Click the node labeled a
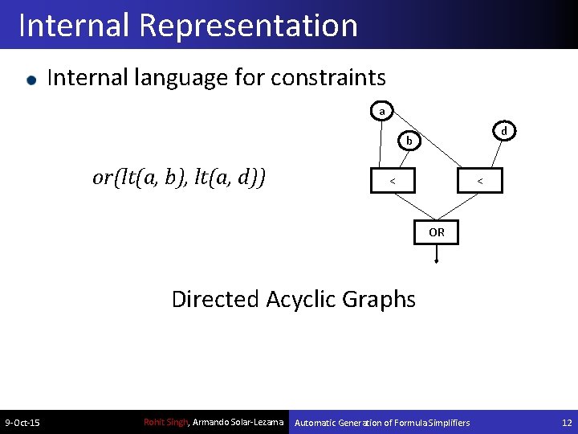tap(382, 110)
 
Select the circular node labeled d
tap(503, 130)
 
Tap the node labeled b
tap(409, 141)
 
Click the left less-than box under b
tap(392, 181)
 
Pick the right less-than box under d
tap(480, 181)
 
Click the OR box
tap(436, 231)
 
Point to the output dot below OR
tap(436, 261)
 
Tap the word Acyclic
tap(299, 300)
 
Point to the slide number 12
tap(567, 423)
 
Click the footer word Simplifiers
tap(445, 423)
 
